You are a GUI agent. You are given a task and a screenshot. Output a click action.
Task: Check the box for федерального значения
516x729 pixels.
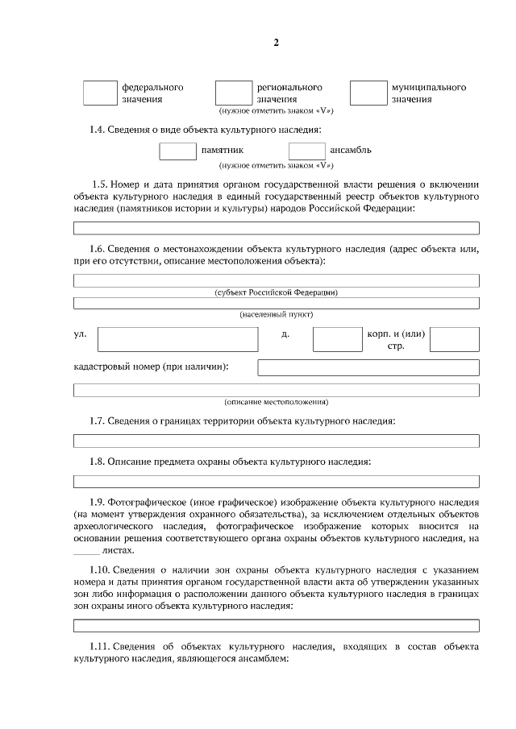click(x=100, y=93)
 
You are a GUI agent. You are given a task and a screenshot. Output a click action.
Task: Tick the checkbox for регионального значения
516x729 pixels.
click(x=234, y=93)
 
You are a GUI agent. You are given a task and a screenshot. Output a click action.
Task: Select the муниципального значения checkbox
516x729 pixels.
click(x=367, y=93)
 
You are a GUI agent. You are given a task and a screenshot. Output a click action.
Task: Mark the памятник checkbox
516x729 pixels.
click(x=177, y=151)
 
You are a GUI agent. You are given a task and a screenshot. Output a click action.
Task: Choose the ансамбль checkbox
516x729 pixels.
click(x=307, y=151)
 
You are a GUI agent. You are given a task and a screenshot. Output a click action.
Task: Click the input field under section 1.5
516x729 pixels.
click(x=276, y=228)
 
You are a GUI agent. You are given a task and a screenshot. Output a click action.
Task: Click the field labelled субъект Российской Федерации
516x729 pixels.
click(x=276, y=280)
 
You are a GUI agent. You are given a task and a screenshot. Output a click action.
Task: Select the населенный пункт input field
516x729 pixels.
click(x=276, y=303)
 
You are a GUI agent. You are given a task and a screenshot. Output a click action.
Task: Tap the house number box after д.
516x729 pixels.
click(x=337, y=339)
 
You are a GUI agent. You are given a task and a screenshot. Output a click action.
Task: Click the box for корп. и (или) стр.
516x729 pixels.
click(x=454, y=339)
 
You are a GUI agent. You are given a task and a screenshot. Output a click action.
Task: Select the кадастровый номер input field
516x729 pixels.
click(x=368, y=368)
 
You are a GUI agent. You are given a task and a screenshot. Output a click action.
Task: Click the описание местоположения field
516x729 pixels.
click(x=276, y=391)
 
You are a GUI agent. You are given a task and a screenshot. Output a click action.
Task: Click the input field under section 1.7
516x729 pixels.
click(x=276, y=441)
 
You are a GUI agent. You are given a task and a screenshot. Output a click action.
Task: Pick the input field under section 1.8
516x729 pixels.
click(x=276, y=482)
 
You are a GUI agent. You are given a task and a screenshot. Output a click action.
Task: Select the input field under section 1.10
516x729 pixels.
click(x=276, y=625)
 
